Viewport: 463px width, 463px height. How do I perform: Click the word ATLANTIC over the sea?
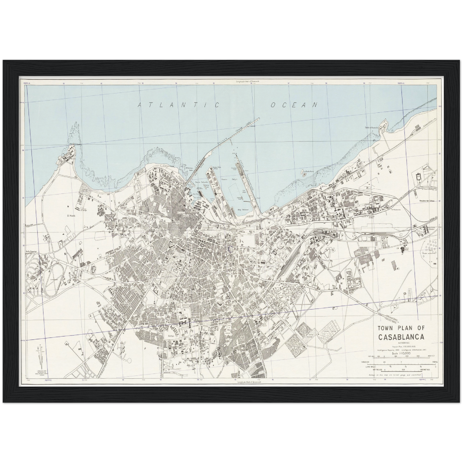pos(178,105)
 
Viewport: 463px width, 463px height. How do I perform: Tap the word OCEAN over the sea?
pos(294,104)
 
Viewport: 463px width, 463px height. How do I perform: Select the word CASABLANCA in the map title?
pos(401,337)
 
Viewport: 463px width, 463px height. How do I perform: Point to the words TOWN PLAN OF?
pos(401,328)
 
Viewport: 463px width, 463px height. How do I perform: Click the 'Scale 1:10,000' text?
pos(401,353)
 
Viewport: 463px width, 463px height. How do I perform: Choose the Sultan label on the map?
pos(170,336)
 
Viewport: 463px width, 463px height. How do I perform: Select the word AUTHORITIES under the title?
pos(401,343)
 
